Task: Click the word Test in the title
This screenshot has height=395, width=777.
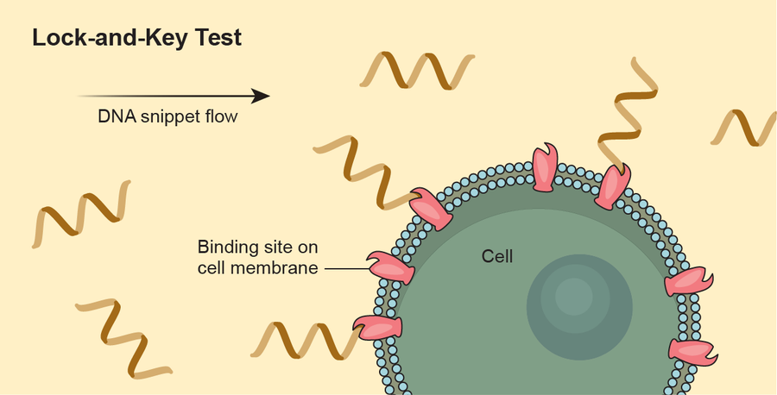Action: pyautogui.click(x=230, y=39)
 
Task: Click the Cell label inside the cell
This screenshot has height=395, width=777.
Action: pyautogui.click(x=497, y=256)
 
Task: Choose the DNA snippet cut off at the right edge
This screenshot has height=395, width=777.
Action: pyautogui.click(x=744, y=128)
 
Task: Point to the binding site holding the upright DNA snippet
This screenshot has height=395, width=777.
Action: pyautogui.click(x=613, y=186)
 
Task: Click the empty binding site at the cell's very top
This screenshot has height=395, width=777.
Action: pyautogui.click(x=545, y=168)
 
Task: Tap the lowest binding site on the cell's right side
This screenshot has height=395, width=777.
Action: pyautogui.click(x=693, y=351)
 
